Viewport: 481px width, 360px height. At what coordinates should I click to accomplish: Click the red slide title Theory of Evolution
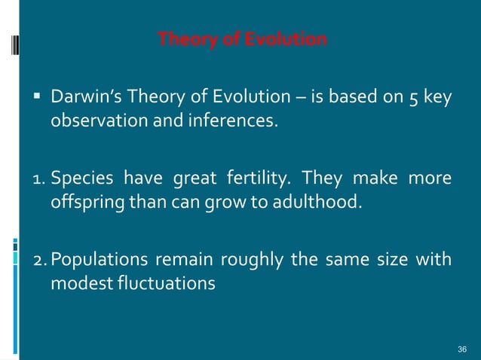coord(242,39)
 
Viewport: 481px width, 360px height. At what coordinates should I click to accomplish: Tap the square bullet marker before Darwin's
coord(35,96)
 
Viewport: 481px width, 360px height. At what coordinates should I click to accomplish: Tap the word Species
coord(79,179)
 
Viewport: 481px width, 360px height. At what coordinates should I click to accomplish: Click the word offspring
coord(81,203)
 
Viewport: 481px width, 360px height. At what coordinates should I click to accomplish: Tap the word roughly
coord(245,261)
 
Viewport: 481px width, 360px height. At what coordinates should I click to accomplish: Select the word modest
coord(79,285)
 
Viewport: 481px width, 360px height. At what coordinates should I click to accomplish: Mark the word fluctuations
coord(167,285)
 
